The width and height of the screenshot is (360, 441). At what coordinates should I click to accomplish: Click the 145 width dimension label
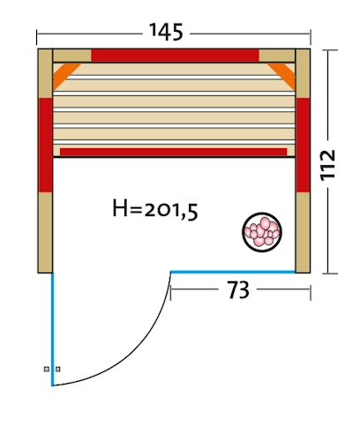pos(166,32)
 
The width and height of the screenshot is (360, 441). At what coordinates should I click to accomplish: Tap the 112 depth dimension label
pos(327,165)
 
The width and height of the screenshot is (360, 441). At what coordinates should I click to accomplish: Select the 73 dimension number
pos(238,290)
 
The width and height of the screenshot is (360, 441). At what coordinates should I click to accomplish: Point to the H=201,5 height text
pos(155,209)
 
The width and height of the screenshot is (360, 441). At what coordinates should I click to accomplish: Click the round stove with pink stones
pos(262,232)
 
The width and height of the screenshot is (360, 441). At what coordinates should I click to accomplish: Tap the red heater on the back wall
pos(175,56)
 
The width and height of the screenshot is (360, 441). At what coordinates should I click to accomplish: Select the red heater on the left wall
pos(46,145)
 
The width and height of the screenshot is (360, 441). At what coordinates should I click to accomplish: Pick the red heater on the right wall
pos(303,145)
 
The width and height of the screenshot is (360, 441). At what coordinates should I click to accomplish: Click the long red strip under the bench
pos(174,152)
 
